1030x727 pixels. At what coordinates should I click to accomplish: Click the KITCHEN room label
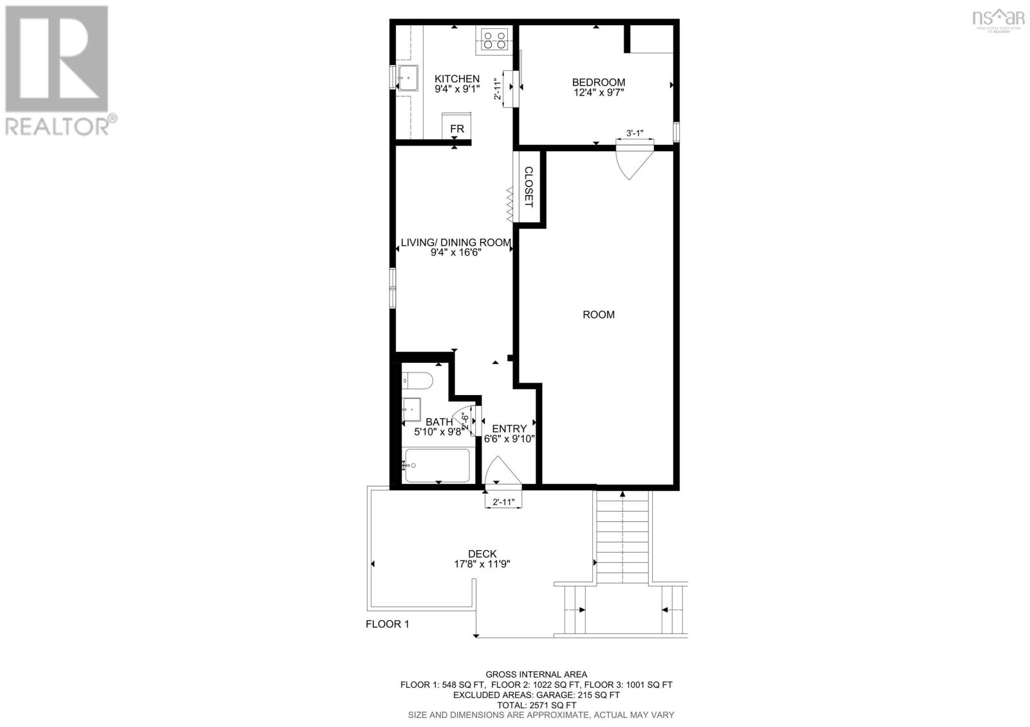pyautogui.click(x=456, y=78)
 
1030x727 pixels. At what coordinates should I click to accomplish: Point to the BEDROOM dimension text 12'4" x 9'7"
pyautogui.click(x=599, y=93)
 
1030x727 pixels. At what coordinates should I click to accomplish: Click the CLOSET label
pyautogui.click(x=529, y=187)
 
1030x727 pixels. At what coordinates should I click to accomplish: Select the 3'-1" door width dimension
pyautogui.click(x=635, y=133)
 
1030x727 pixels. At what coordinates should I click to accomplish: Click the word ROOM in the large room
pyautogui.click(x=598, y=315)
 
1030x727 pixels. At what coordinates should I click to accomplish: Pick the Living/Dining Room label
pyautogui.click(x=456, y=243)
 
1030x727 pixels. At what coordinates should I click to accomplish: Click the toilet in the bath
pyautogui.click(x=417, y=381)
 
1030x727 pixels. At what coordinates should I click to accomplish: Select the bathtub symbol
pyautogui.click(x=436, y=465)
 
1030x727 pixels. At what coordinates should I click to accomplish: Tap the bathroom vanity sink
pyautogui.click(x=411, y=408)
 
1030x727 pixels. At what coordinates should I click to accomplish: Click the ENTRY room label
pyautogui.click(x=509, y=428)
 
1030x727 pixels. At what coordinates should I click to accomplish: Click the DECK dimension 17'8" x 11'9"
pyautogui.click(x=482, y=564)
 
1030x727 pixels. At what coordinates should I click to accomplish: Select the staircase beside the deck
pyautogui.click(x=623, y=537)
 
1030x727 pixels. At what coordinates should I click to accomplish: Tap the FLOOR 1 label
pyautogui.click(x=388, y=623)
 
